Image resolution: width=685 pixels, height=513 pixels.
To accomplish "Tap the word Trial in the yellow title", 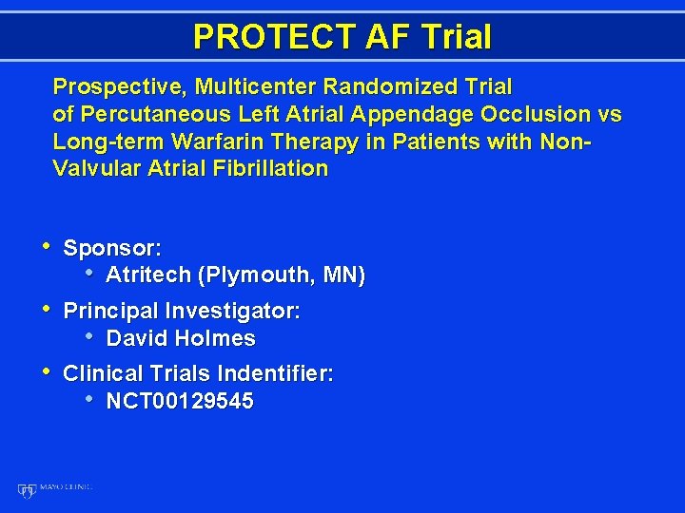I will click(453, 37).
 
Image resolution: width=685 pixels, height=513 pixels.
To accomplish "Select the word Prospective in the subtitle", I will click(120, 87).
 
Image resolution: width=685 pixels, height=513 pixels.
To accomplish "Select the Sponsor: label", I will click(112, 249).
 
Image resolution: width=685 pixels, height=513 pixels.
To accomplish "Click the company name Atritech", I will click(148, 275).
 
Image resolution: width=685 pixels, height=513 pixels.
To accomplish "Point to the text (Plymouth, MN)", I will click(282, 275).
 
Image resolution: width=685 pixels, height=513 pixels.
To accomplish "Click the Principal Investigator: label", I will click(182, 312).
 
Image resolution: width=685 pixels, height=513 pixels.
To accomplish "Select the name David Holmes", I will click(181, 338).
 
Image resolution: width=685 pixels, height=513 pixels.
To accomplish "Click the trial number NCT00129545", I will click(180, 401).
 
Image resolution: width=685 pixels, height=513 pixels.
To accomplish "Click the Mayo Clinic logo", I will click(54, 488).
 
